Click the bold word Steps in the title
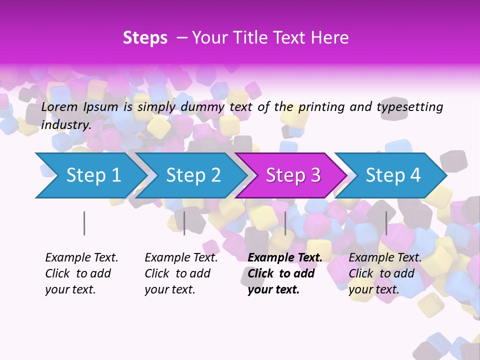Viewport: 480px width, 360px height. (145, 38)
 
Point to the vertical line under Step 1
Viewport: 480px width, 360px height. (84, 223)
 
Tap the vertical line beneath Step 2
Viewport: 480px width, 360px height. (184, 223)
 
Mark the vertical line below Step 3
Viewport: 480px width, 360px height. (285, 223)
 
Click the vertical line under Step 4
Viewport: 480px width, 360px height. (386, 223)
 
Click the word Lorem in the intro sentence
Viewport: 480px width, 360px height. (59, 106)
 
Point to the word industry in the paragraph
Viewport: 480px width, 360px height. (65, 125)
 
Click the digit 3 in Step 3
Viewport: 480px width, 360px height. (315, 175)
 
